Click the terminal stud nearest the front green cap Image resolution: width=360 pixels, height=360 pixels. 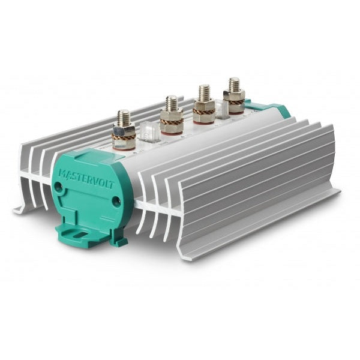coord(124,130)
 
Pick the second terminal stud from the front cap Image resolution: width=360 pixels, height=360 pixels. coord(172,114)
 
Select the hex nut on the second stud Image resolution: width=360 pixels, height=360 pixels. coord(172,115)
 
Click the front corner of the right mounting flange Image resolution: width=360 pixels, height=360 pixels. coord(180,257)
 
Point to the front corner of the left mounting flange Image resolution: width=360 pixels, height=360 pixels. coord(18,211)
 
